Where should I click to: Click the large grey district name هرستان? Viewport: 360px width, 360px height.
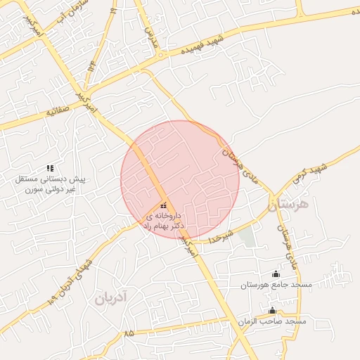pyautogui.click(x=288, y=205)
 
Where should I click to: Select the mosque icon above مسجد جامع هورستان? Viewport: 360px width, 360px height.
pyautogui.click(x=275, y=274)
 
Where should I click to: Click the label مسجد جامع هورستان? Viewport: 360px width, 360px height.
pyautogui.click(x=276, y=285)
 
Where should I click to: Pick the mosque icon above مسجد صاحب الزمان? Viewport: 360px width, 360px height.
pyautogui.click(x=272, y=310)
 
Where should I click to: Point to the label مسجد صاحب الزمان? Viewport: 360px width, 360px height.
pyautogui.click(x=274, y=321)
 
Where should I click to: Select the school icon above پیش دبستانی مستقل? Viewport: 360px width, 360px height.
pyautogui.click(x=50, y=168)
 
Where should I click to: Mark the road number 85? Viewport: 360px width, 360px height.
pyautogui.click(x=129, y=333)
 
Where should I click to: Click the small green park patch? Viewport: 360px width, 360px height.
pyautogui.click(x=247, y=236)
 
